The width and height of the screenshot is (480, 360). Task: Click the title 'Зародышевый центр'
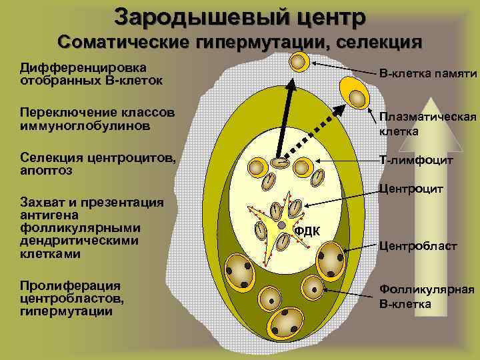[x=239, y=16]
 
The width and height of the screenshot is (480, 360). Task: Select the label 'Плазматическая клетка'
[x=427, y=124]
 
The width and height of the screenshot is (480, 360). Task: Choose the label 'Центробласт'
[x=418, y=246]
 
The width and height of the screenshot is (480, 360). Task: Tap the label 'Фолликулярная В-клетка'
[x=427, y=297]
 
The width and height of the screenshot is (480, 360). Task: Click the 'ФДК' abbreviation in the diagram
[x=307, y=231]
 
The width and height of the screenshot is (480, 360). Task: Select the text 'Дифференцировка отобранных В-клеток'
[x=84, y=73]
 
